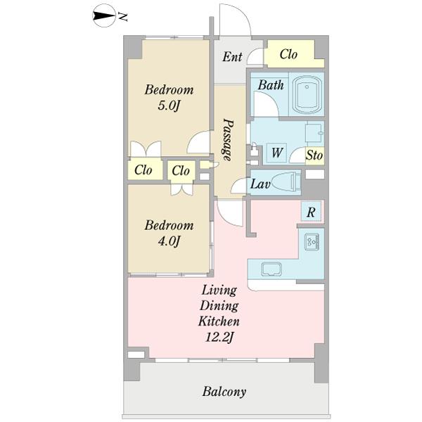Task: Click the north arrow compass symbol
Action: (103, 17)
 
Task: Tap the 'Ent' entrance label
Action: (232, 57)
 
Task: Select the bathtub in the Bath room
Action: (307, 94)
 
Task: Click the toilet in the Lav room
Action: (286, 182)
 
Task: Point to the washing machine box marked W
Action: (276, 153)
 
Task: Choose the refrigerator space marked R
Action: (311, 212)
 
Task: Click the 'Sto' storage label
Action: (314, 155)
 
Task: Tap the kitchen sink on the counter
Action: (271, 269)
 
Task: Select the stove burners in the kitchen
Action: (312, 242)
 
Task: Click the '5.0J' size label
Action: (169, 105)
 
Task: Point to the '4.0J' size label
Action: (169, 241)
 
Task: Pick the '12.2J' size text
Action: (219, 337)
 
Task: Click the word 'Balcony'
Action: (224, 392)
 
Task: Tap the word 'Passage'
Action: (227, 140)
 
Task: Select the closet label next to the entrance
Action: (288, 54)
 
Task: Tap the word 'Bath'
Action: (271, 85)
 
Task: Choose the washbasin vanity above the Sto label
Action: (314, 133)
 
